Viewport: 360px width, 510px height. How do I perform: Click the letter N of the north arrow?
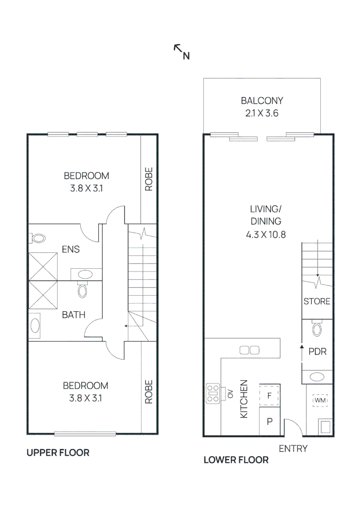[x=186, y=56]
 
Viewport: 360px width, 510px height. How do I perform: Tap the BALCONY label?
[x=262, y=101]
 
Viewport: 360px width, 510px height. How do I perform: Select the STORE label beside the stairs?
[x=317, y=301]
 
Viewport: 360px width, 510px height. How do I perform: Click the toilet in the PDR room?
[x=317, y=328]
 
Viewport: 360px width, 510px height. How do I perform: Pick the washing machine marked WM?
[x=320, y=400]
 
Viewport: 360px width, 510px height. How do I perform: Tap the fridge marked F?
[x=269, y=396]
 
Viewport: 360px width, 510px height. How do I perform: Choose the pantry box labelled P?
[x=270, y=422]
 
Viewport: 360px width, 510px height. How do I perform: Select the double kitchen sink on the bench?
[x=250, y=350]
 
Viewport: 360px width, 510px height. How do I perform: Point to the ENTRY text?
[x=293, y=449]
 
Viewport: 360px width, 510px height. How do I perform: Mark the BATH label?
[x=74, y=314]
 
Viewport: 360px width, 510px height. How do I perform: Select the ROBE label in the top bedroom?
[x=149, y=179]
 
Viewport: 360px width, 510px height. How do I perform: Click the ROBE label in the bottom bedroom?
[x=149, y=391]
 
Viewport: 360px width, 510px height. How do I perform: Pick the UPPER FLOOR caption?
[x=58, y=452]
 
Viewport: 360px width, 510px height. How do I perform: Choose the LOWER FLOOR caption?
[x=236, y=459]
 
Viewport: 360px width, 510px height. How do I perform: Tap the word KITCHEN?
[x=244, y=399]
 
